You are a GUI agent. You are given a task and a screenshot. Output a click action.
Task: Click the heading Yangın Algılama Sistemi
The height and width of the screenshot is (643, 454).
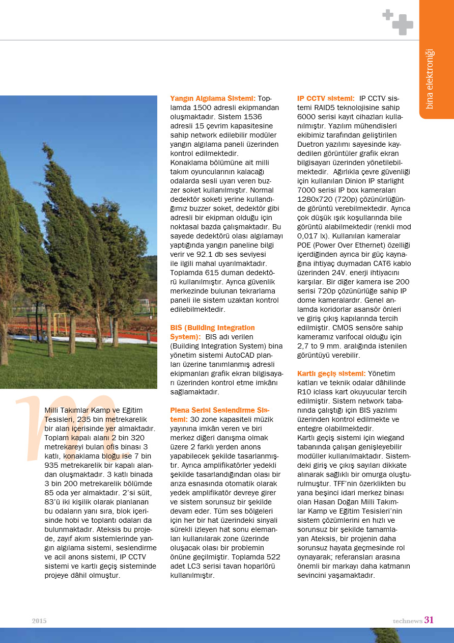pyautogui.click(x=212, y=98)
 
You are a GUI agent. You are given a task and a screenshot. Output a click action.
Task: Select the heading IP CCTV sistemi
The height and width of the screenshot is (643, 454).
pyautogui.click(x=326, y=98)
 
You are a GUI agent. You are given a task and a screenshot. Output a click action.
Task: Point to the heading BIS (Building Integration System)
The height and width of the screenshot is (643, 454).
pyautogui.click(x=212, y=332)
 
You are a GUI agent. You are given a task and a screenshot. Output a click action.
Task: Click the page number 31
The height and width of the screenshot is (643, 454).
pyautogui.click(x=429, y=620)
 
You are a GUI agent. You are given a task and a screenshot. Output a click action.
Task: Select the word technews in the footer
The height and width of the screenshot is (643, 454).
pyautogui.click(x=407, y=621)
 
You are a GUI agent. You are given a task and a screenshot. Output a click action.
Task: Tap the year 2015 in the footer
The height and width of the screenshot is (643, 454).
pyautogui.click(x=39, y=621)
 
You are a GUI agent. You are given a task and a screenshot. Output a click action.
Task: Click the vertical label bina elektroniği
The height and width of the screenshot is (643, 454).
pyautogui.click(x=430, y=79)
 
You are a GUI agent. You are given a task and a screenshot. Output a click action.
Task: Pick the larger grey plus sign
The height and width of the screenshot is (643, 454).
pyautogui.click(x=402, y=24)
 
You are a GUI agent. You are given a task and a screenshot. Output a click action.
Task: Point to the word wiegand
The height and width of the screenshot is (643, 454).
pyautogui.click(x=389, y=437)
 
